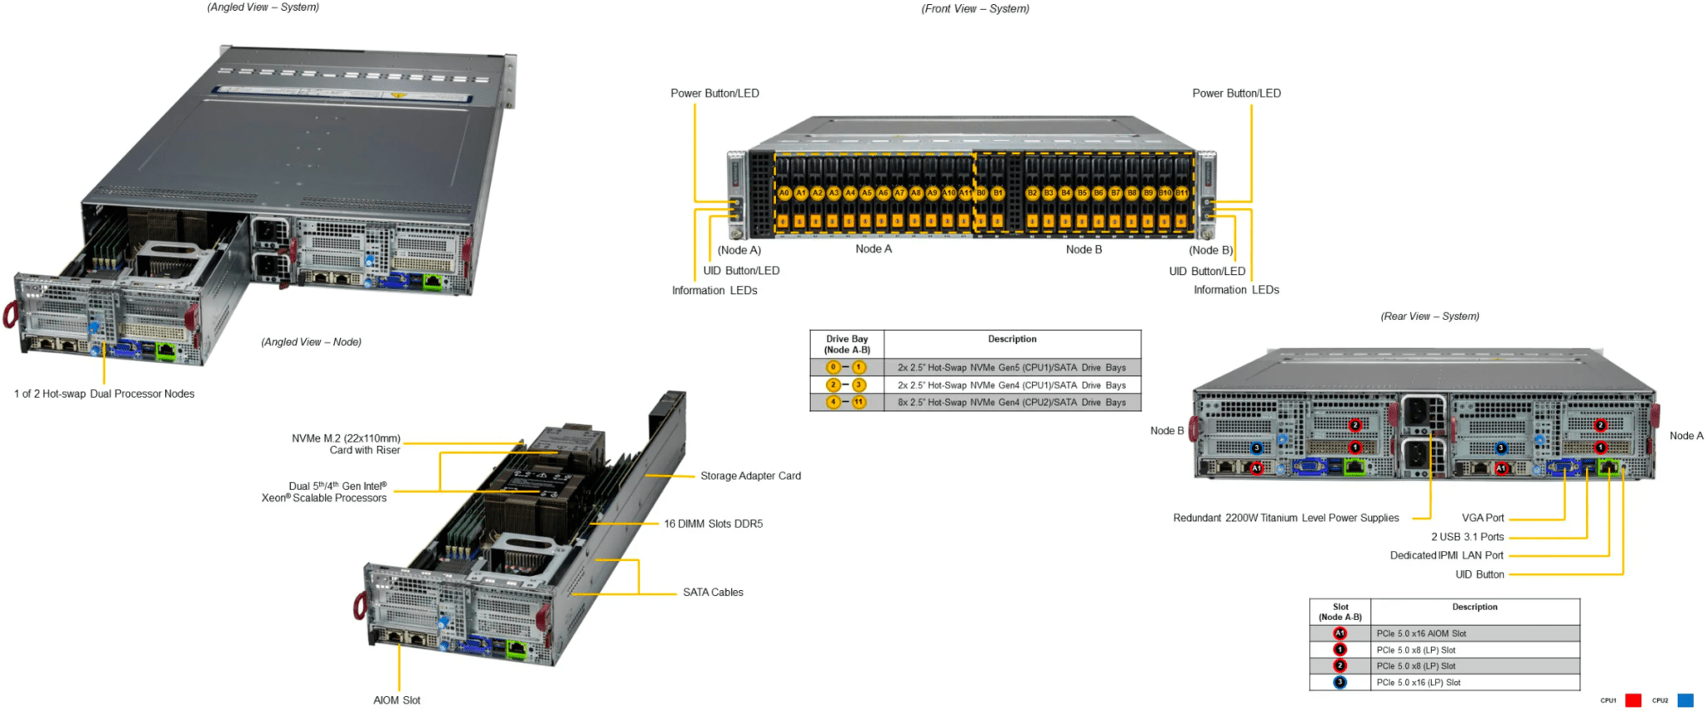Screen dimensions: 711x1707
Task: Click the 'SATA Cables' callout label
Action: pos(713,593)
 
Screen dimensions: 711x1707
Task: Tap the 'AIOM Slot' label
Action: pos(397,700)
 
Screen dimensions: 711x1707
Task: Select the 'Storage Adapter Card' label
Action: pos(750,476)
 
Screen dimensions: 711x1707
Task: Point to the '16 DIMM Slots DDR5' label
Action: pos(713,524)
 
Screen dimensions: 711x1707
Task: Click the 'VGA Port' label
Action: pos(1483,518)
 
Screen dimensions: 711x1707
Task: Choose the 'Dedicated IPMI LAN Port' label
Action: pos(1446,555)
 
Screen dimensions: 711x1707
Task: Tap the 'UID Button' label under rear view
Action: pos(1479,574)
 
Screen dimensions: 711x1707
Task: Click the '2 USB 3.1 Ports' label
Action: pos(1467,537)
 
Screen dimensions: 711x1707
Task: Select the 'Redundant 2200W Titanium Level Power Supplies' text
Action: pos(1285,518)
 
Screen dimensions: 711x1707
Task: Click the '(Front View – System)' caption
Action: pos(975,9)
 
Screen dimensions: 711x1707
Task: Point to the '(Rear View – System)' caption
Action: pos(1429,317)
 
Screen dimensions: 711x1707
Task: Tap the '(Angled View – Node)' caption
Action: pos(311,343)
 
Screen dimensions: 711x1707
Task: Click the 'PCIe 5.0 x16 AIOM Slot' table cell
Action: pos(1421,633)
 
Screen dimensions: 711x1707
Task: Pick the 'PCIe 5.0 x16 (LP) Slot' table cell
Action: pos(1419,683)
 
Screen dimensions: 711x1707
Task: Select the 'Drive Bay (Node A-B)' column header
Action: pos(847,344)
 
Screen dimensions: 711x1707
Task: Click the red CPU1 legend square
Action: pos(1633,700)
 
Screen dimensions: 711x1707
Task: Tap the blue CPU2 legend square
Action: pos(1685,700)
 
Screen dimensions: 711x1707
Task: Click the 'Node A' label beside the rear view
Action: pos(1686,436)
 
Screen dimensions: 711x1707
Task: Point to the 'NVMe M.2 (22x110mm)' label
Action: pos(346,438)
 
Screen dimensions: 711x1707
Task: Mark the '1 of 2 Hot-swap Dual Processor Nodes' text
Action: pos(104,394)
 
